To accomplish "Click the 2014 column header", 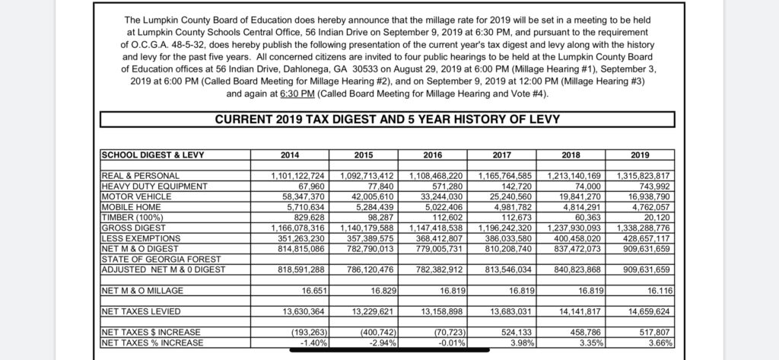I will pyautogui.click(x=290, y=155).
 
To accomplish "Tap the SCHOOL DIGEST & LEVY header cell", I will pyautogui.click(x=153, y=155).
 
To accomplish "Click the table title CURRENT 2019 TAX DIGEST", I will pyautogui.click(x=387, y=119).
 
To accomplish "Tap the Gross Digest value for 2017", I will pyautogui.click(x=505, y=228).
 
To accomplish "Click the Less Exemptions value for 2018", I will pyautogui.click(x=574, y=237).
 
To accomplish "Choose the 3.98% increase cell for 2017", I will pyautogui.click(x=522, y=342).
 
